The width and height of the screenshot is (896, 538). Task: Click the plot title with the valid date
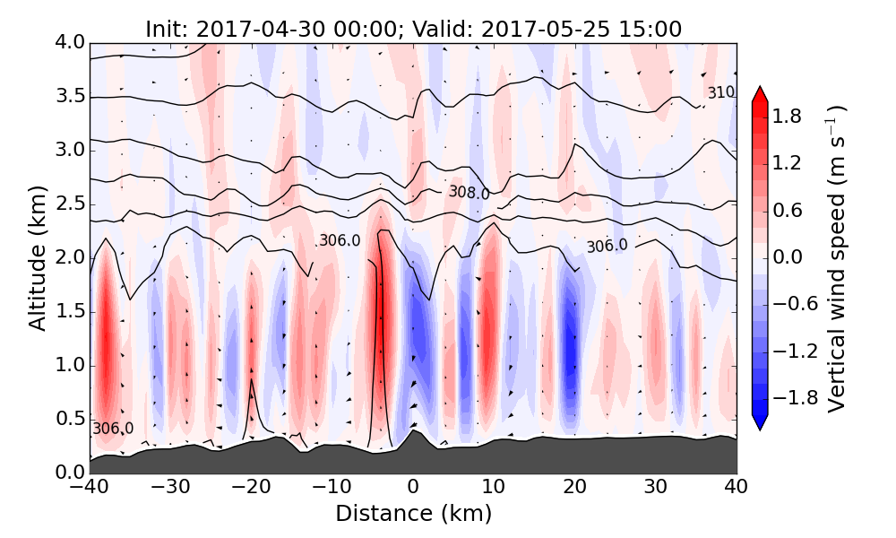pos(413,29)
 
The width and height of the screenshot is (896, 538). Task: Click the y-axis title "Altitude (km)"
pos(37,258)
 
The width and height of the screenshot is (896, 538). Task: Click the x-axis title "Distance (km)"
pos(413,514)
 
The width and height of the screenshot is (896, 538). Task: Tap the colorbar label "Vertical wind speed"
pos(835,258)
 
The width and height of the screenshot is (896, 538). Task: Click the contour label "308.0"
pos(469,193)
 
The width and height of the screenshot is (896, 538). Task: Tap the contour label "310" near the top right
pos(721,93)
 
